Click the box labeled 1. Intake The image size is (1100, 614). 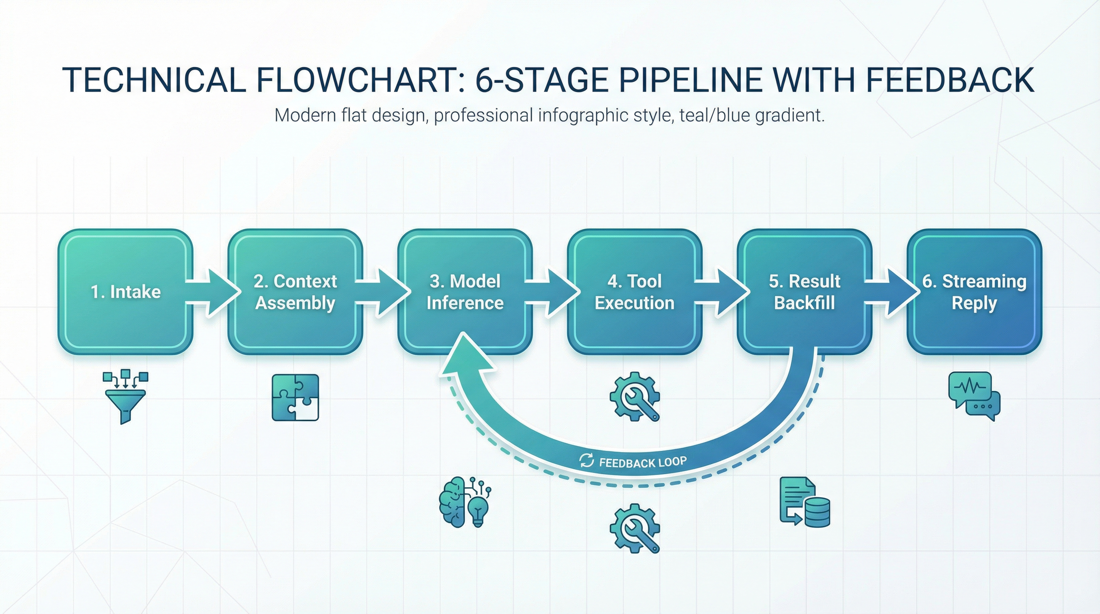pyautogui.click(x=126, y=292)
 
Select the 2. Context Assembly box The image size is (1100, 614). pyautogui.click(x=295, y=292)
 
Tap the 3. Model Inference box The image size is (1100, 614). pyautogui.click(x=465, y=292)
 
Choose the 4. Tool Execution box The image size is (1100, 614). pyautogui.click(x=635, y=292)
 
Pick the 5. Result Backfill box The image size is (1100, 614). pyautogui.click(x=805, y=292)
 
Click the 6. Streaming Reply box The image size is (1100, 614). pyautogui.click(x=974, y=292)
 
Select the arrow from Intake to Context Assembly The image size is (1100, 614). pyautogui.click(x=213, y=293)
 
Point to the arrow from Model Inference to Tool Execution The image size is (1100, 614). pyautogui.click(x=553, y=293)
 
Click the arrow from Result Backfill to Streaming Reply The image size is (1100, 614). pyautogui.click(x=893, y=293)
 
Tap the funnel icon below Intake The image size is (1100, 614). pyautogui.click(x=126, y=397)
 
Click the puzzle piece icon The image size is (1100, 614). pyautogui.click(x=295, y=397)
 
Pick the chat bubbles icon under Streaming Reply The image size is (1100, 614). pyautogui.click(x=974, y=396)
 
